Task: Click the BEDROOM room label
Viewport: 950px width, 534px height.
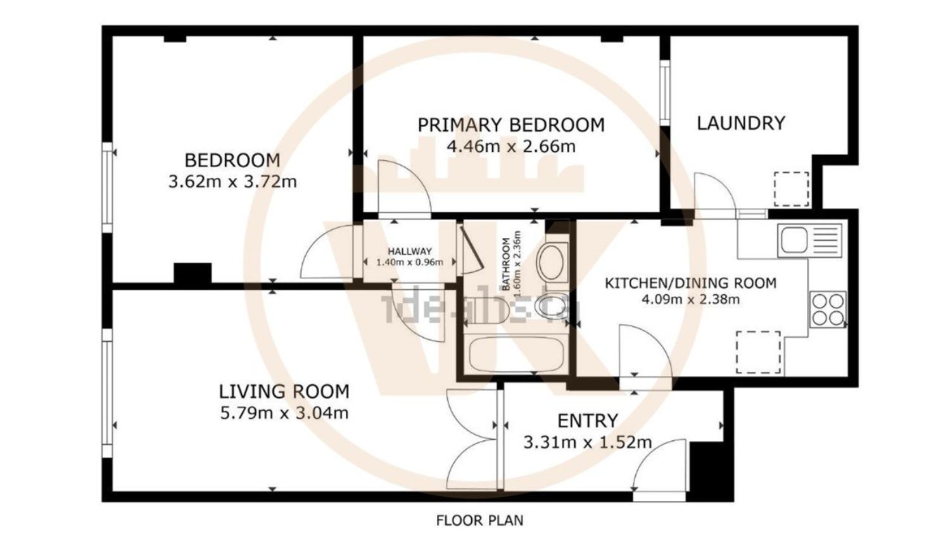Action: click(x=232, y=159)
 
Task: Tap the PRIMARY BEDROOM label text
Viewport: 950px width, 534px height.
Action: click(x=510, y=125)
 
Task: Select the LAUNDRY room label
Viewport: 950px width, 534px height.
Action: click(x=740, y=123)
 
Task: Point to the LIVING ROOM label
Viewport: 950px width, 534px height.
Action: click(x=284, y=392)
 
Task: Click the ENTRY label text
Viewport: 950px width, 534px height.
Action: click(x=587, y=421)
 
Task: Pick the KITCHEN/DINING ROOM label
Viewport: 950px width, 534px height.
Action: click(x=690, y=283)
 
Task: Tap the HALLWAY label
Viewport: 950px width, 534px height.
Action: click(x=410, y=251)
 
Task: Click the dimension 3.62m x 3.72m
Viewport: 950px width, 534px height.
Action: click(x=232, y=182)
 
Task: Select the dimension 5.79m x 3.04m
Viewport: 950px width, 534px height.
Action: click(x=284, y=414)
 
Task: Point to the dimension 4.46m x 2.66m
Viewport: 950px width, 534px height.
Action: click(x=510, y=147)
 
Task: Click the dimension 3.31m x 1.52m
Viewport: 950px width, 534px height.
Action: click(x=587, y=442)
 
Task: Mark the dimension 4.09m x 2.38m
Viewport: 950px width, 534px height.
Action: click(x=690, y=299)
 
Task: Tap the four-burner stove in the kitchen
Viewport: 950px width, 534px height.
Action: click(x=828, y=309)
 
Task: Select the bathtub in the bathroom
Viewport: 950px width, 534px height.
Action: click(x=515, y=355)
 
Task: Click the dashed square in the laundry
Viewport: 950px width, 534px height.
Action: click(x=790, y=189)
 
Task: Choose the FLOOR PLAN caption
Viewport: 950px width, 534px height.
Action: click(x=479, y=520)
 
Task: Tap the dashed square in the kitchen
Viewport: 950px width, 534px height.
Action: click(x=758, y=352)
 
